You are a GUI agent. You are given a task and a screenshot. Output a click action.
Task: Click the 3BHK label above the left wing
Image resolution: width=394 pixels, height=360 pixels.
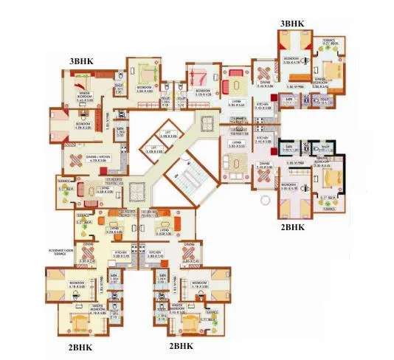(x=81, y=60)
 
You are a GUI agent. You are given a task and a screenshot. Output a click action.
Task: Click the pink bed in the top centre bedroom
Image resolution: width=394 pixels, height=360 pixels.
(x=198, y=76)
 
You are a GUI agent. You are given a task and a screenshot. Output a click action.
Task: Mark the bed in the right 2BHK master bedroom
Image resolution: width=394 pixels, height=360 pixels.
(x=329, y=178)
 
